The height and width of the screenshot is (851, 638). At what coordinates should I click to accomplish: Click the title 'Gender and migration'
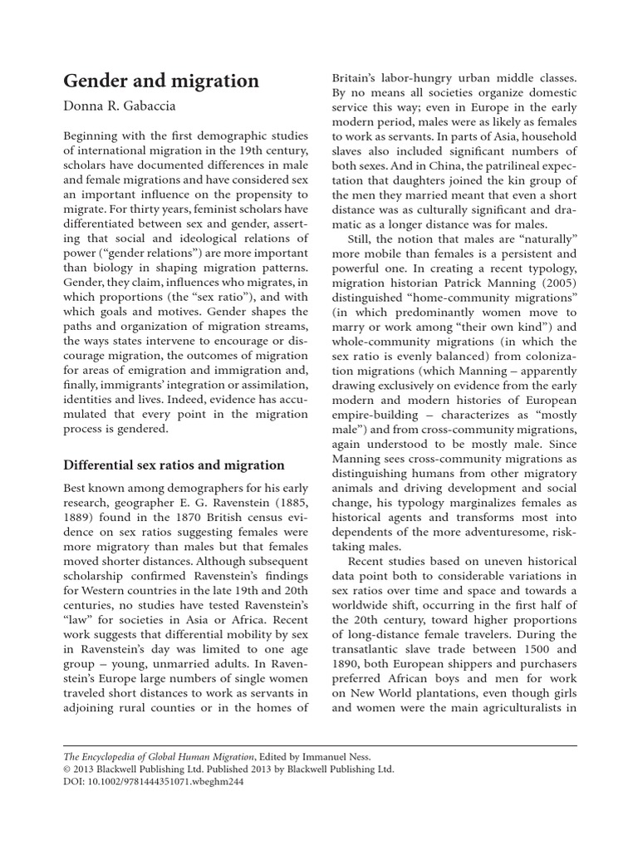pyautogui.click(x=161, y=81)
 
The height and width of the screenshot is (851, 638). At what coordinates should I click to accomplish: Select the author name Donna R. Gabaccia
pyautogui.click(x=126, y=106)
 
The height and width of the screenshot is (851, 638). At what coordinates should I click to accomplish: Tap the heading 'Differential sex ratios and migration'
pyautogui.click(x=174, y=465)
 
